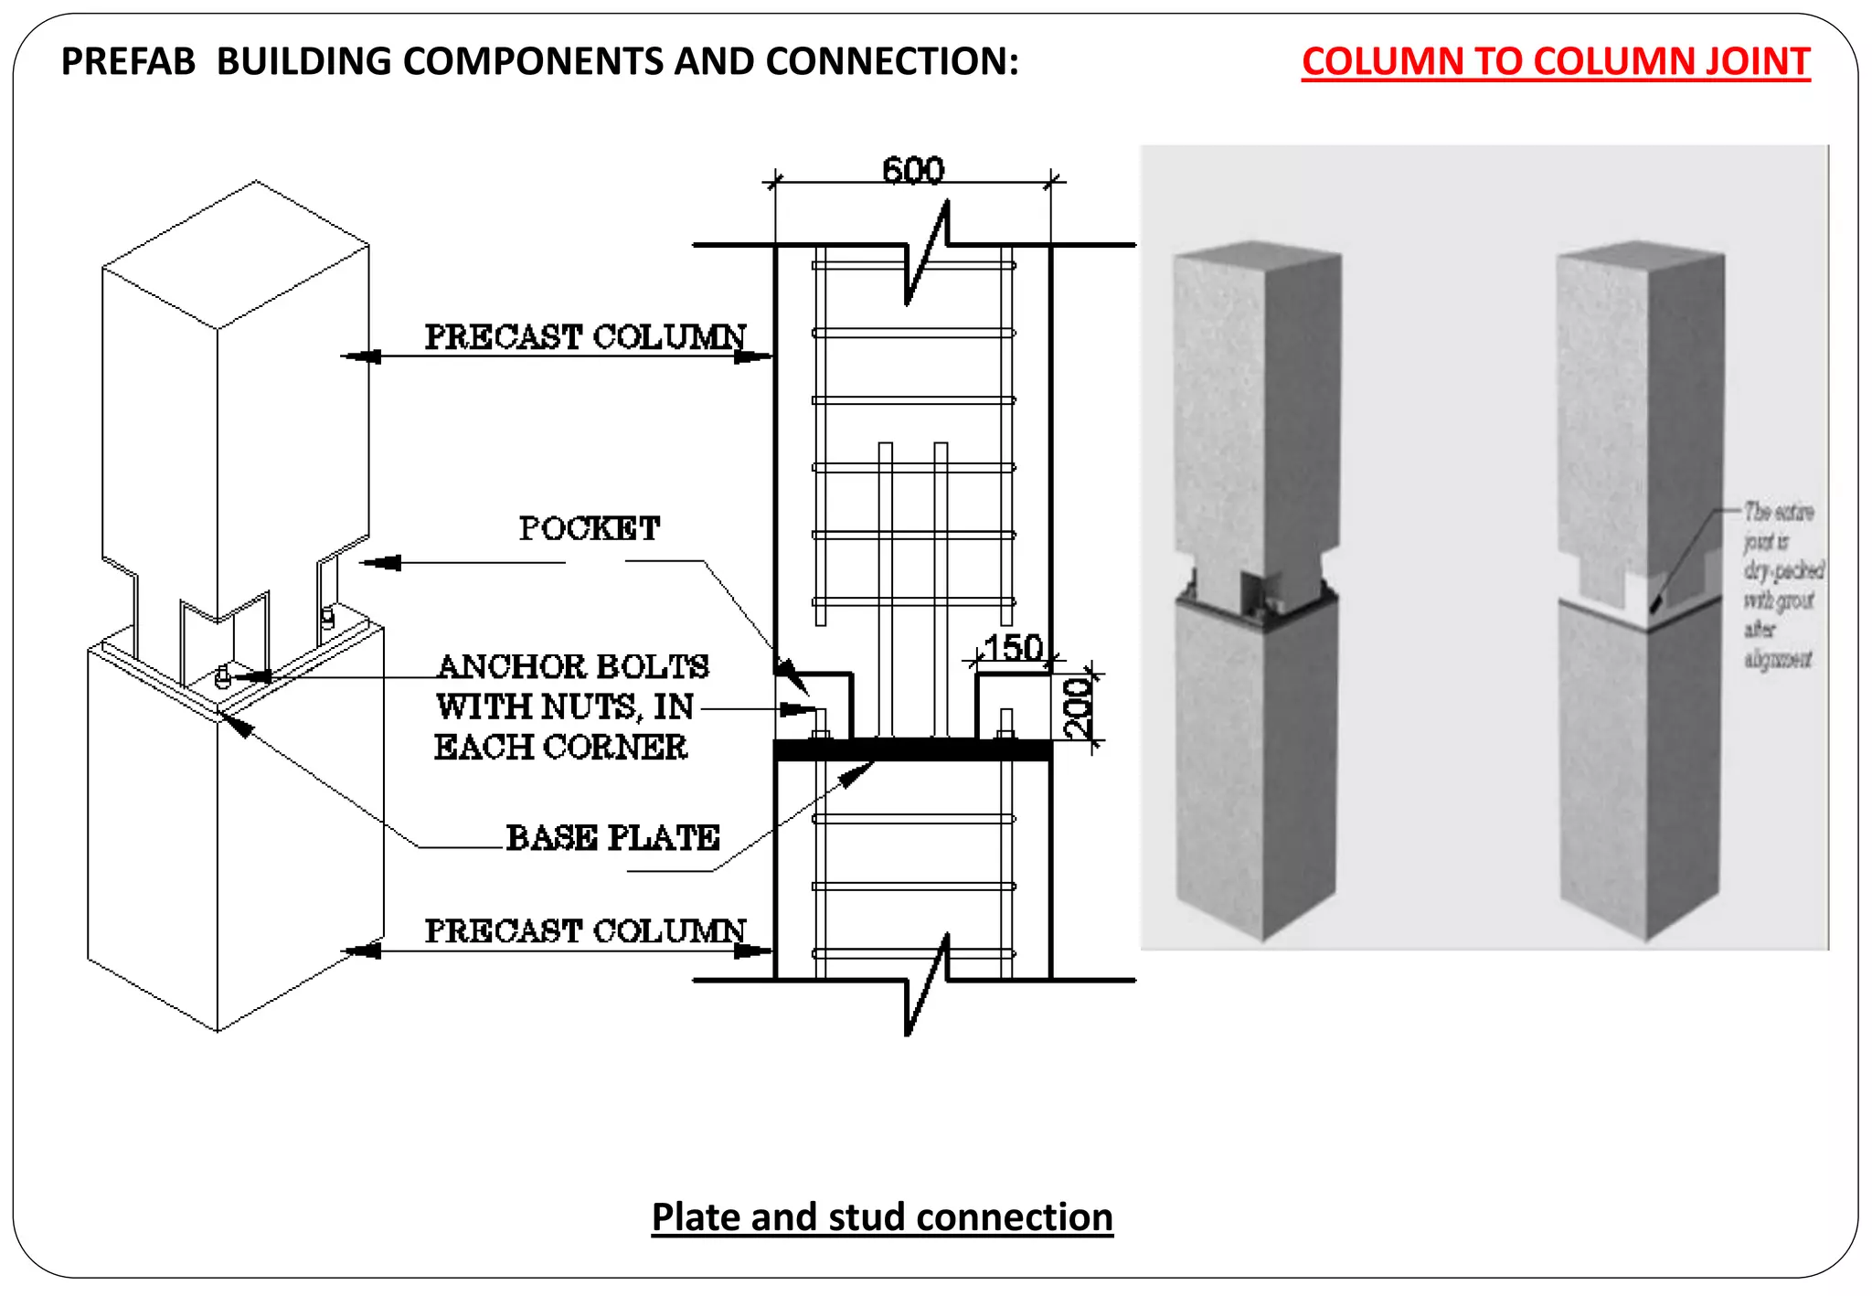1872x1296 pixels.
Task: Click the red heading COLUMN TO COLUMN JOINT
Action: tap(1555, 62)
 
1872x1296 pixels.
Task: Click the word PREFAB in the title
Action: tap(128, 62)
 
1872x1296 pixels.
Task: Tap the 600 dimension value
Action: tap(912, 171)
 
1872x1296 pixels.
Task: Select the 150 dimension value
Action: tap(1013, 648)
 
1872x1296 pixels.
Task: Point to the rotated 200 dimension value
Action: tap(1079, 708)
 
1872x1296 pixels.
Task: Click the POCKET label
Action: tap(590, 528)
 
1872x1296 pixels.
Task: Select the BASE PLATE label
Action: tap(612, 837)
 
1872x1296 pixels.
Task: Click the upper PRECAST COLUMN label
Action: tap(585, 337)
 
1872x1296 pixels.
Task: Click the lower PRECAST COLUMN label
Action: tap(585, 931)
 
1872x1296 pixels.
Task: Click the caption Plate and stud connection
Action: tap(882, 1217)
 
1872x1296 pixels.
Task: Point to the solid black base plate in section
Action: tap(914, 750)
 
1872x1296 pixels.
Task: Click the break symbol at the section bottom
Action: tap(926, 983)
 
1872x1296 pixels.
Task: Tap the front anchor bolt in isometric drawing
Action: tap(222, 677)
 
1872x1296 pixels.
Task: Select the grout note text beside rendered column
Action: tap(1781, 585)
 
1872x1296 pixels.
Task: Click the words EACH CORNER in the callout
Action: tap(560, 748)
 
